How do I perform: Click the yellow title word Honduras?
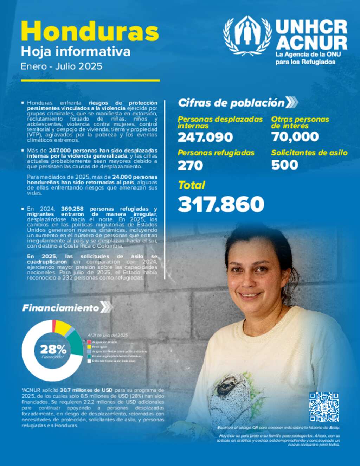tap(90, 32)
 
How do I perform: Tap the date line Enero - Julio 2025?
tap(62, 66)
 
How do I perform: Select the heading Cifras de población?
tap(231, 103)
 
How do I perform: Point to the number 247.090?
tap(205, 137)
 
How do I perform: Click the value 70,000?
tap(295, 137)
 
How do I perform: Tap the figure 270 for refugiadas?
tap(190, 165)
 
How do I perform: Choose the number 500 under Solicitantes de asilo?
tap(284, 165)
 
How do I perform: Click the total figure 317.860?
tap(221, 204)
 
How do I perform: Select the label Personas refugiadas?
tap(216, 153)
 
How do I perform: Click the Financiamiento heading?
tap(60, 308)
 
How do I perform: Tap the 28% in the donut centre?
tap(53, 350)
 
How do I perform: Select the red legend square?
tap(89, 342)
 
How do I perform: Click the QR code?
tap(324, 407)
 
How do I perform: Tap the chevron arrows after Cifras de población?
tap(291, 102)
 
